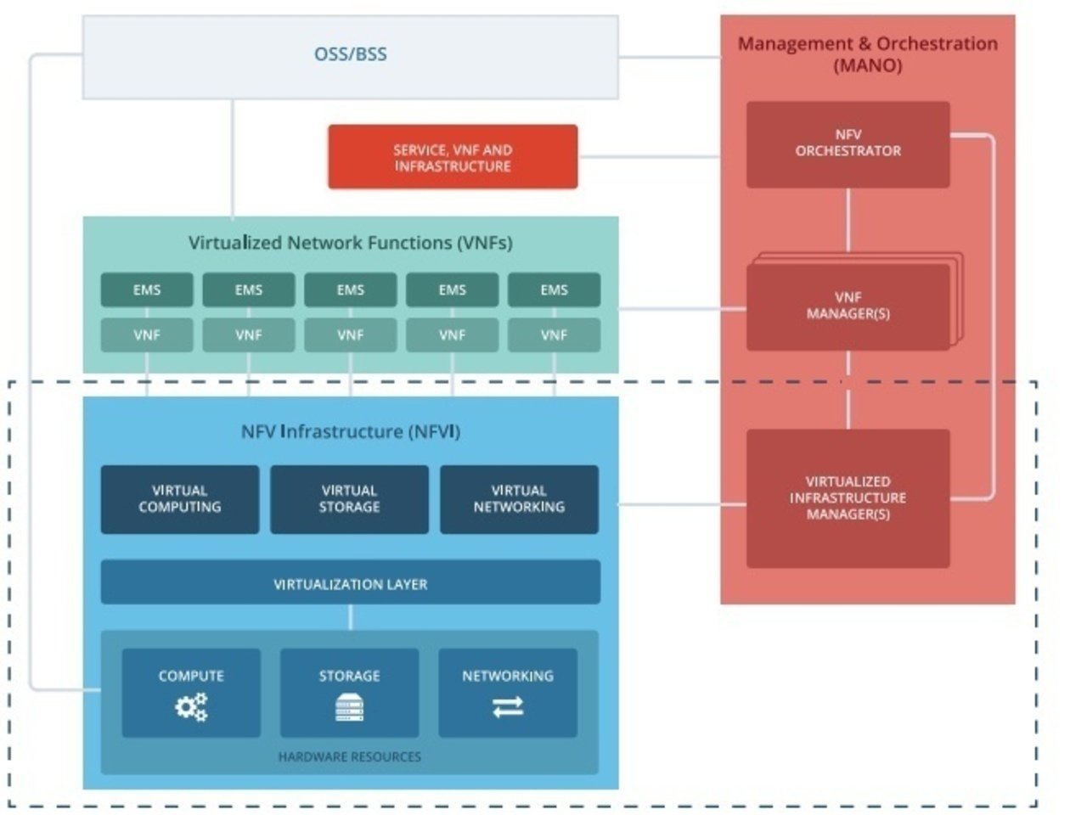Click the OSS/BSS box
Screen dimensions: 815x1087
point(350,55)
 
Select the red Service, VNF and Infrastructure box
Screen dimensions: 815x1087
point(453,157)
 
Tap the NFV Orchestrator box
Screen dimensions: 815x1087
point(848,143)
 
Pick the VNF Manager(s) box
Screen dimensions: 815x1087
point(848,306)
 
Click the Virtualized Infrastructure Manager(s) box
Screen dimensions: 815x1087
point(848,498)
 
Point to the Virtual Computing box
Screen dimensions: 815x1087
point(179,499)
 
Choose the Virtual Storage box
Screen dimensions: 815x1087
point(349,499)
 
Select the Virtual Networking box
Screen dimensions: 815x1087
point(519,499)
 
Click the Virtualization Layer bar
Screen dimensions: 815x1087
point(350,583)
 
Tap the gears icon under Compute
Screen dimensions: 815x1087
point(191,706)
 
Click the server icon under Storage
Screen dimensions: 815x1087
point(349,707)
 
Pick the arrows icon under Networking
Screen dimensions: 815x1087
point(508,707)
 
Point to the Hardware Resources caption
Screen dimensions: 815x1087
point(349,756)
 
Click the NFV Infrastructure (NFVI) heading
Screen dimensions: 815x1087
point(350,431)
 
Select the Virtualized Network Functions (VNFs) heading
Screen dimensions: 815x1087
point(350,243)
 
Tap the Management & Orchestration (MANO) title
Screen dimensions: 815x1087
point(867,54)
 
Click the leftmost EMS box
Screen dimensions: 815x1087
point(147,289)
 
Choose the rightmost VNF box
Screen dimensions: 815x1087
point(554,335)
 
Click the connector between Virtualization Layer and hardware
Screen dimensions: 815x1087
point(350,617)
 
